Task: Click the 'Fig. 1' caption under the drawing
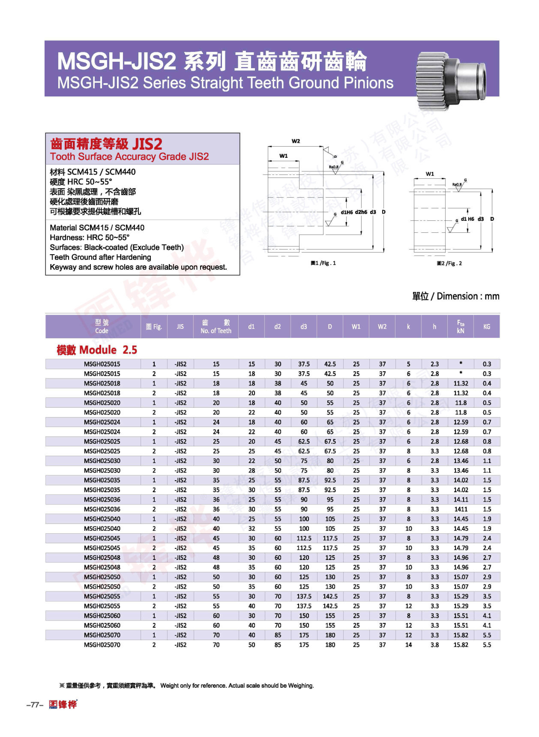coord(323,263)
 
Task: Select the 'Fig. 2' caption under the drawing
coord(449,263)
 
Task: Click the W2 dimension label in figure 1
coord(296,141)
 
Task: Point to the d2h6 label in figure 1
coord(361,212)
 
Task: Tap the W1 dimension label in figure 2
coord(430,174)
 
